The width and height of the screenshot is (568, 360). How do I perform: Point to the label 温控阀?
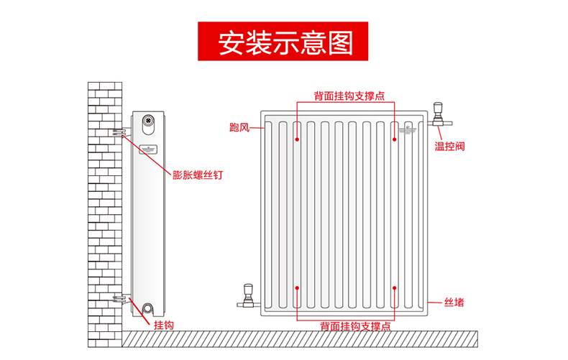click(449, 146)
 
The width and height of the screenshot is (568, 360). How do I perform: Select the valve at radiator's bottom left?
click(247, 295)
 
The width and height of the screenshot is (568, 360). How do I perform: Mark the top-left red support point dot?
click(297, 139)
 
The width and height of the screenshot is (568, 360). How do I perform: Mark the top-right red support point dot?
click(395, 139)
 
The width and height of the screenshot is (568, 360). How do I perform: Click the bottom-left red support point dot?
click(297, 288)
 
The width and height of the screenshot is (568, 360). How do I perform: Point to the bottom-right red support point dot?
click(395, 288)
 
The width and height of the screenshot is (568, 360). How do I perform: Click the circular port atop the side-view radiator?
click(149, 120)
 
